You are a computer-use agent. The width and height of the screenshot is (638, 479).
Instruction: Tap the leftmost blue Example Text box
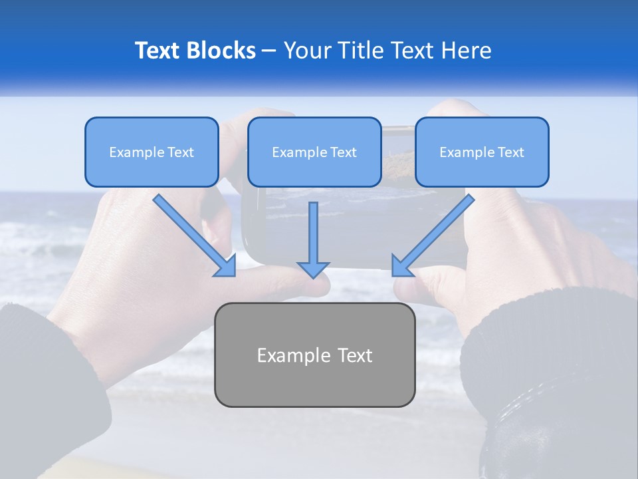tap(152, 152)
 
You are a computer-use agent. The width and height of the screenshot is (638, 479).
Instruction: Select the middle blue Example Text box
tap(314, 152)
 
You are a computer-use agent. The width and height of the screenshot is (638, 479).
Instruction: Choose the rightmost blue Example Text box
tap(482, 152)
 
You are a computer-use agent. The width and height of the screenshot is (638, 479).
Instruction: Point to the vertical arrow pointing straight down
tap(313, 239)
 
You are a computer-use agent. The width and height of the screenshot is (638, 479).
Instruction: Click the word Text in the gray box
tap(355, 355)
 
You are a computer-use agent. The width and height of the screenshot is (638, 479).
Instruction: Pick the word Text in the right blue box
tap(510, 152)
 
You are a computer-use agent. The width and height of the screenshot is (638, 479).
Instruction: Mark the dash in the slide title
tap(269, 51)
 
